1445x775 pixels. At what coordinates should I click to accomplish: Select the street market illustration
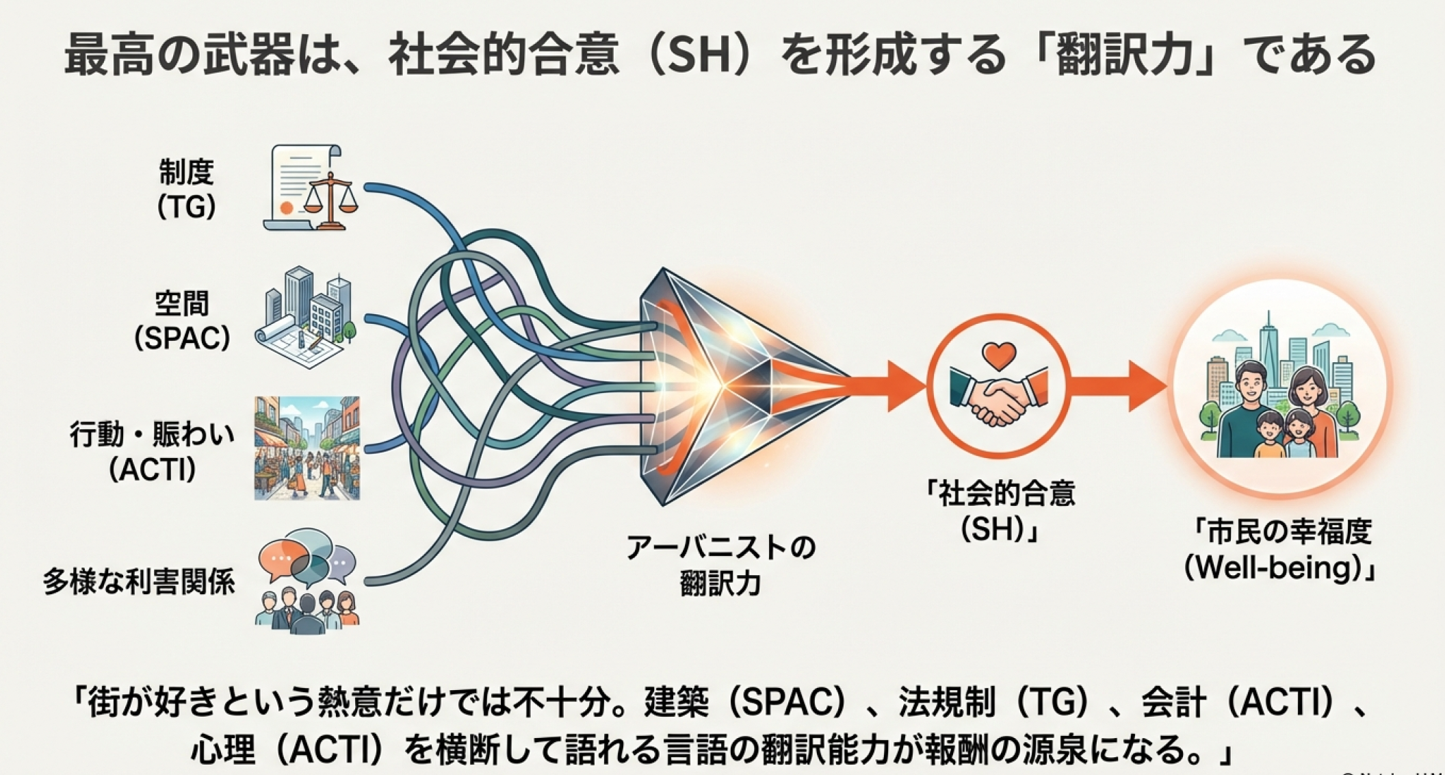coord(307,448)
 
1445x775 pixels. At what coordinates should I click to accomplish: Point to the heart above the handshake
coord(998,355)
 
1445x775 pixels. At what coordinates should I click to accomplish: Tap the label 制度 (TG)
coord(186,188)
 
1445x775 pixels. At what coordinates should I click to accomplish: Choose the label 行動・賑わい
coord(152,435)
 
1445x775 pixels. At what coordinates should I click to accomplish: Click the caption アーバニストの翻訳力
coord(721,566)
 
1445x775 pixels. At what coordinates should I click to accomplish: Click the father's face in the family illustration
coord(1251,384)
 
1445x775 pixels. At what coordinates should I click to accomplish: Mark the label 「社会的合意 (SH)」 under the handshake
coord(1000,511)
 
